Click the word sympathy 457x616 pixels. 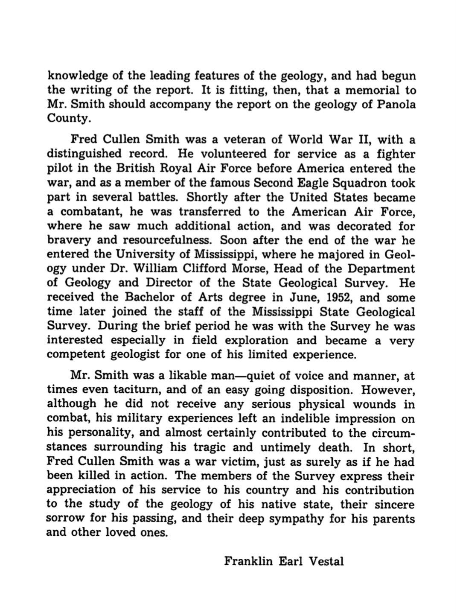pos(290,519)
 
